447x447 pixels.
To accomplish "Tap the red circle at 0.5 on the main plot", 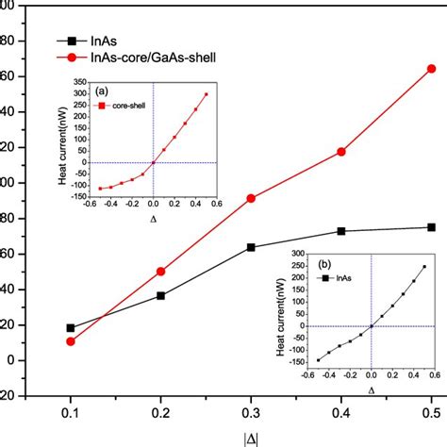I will click(431, 69).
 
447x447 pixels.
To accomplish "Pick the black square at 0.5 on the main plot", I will click(431, 227).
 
